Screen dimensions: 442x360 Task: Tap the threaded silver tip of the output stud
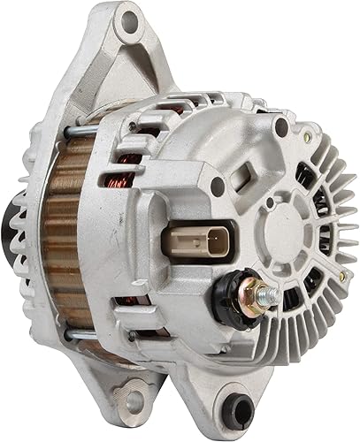pos(272,293)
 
